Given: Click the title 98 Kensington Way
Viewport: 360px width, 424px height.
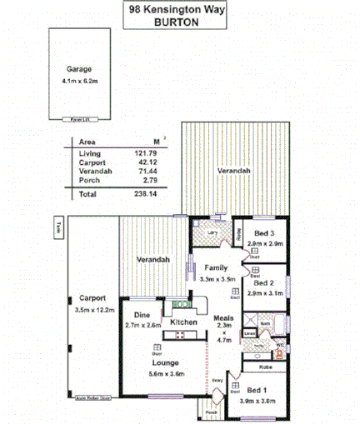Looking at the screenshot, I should [x=176, y=10].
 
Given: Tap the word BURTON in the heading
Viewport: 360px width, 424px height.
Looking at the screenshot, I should [x=177, y=22].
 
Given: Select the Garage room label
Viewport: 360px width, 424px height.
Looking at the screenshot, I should [x=79, y=69].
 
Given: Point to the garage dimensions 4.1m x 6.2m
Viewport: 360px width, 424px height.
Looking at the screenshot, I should [x=79, y=81].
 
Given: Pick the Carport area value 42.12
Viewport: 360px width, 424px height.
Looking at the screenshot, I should [x=146, y=163].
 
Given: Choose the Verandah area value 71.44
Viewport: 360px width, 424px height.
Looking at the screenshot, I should [x=146, y=172].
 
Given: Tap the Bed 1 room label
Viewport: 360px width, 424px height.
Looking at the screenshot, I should [x=257, y=391].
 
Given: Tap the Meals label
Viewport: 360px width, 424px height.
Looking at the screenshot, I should [x=222, y=317].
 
